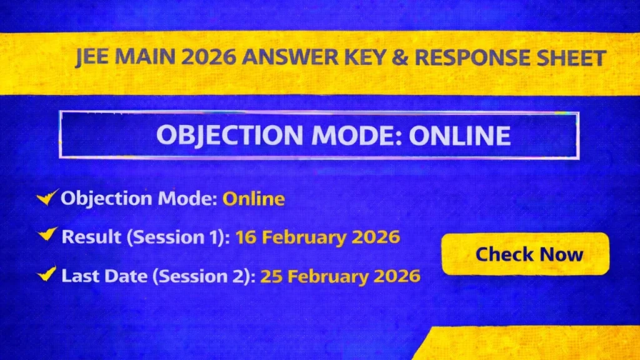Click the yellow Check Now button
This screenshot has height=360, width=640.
pos(525,254)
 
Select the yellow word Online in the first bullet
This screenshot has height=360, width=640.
pos(254,199)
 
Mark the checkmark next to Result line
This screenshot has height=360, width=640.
pos(47,236)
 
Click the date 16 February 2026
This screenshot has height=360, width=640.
pos(317,237)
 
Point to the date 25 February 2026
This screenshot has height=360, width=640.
pos(340,276)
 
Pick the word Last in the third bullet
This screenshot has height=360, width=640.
pos(77,276)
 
